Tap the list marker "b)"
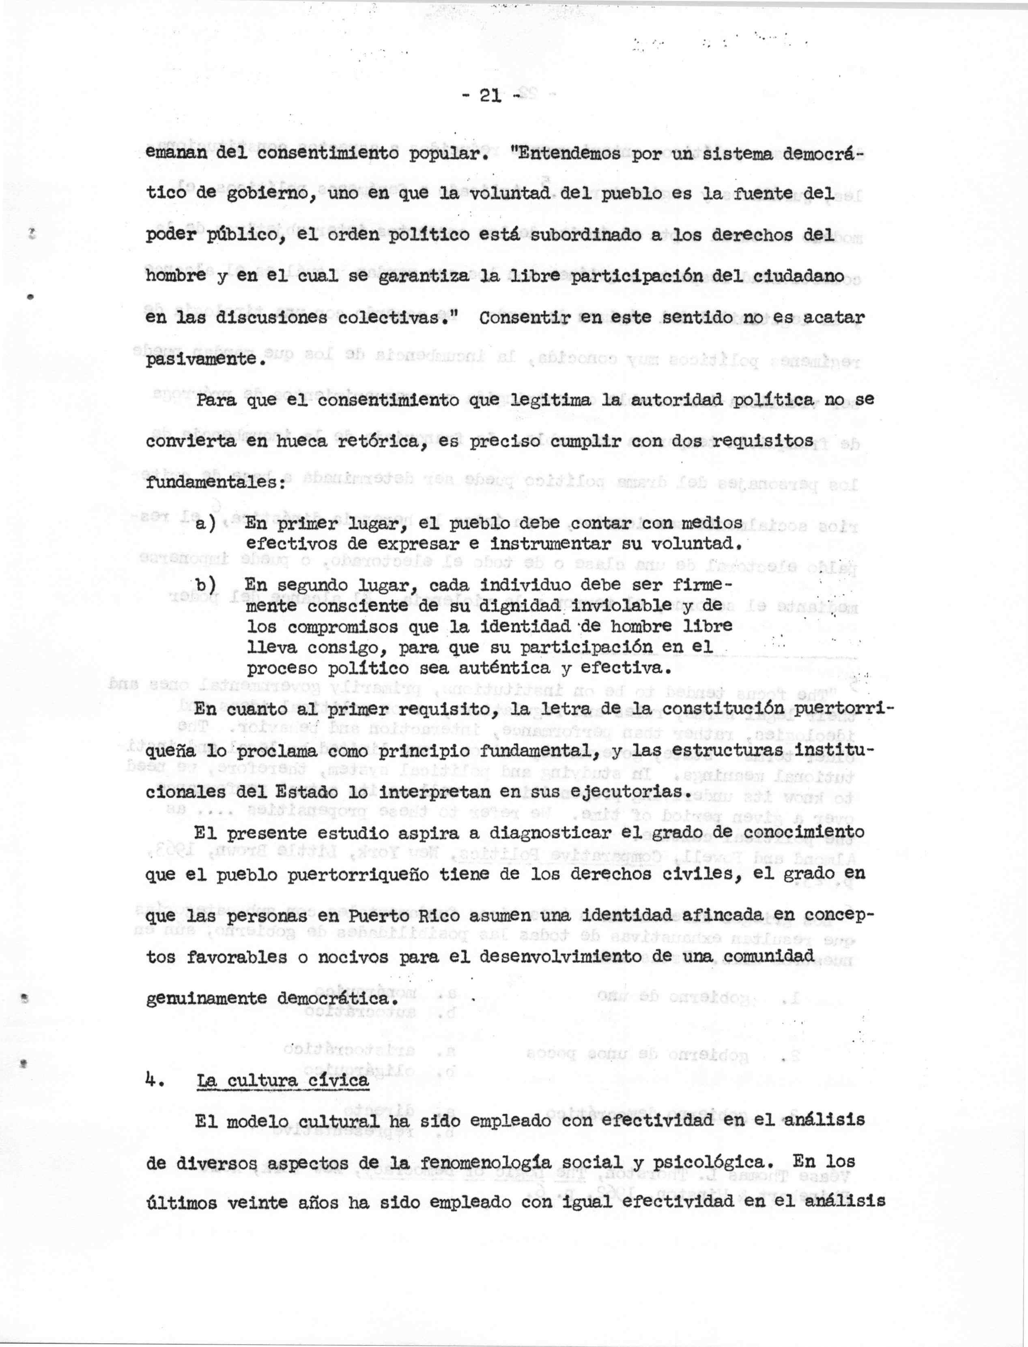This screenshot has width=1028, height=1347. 206,585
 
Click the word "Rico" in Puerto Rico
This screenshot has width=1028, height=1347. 436,916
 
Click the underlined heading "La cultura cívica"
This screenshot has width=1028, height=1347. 283,1081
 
